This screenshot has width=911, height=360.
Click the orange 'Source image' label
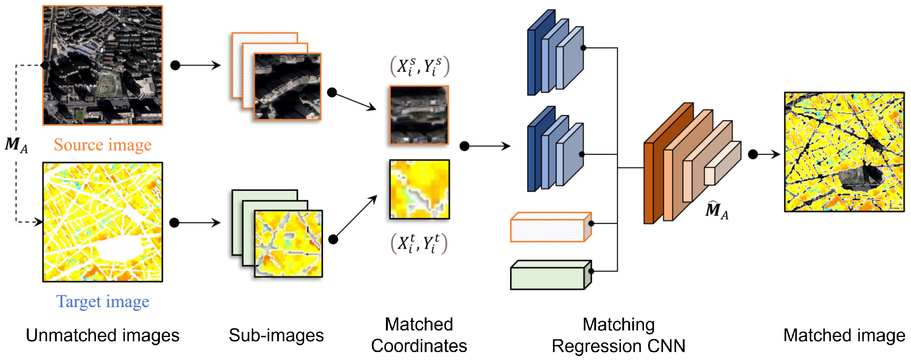point(103,145)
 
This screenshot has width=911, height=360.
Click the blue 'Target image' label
point(103,302)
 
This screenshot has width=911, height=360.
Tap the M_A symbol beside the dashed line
point(16,145)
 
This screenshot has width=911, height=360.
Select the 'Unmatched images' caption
point(103,335)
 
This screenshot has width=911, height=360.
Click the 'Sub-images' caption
point(276,335)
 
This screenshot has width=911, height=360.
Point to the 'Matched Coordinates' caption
point(419,335)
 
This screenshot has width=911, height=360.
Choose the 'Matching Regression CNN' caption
point(619,335)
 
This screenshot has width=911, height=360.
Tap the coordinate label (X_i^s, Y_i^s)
point(419,66)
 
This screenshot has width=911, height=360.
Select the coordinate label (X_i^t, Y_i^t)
point(419,243)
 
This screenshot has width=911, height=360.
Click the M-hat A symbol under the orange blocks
point(716,211)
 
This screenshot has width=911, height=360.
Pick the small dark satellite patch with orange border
point(419,115)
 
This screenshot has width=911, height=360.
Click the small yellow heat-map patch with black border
point(419,189)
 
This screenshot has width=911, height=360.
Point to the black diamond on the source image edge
point(45,65)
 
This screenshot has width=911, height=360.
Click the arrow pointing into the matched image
point(766,154)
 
